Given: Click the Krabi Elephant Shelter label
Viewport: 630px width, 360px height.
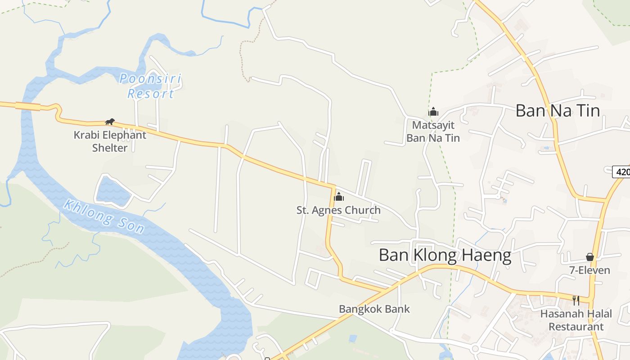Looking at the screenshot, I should [110, 141].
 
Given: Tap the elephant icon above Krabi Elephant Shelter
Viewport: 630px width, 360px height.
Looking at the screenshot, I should [110, 121].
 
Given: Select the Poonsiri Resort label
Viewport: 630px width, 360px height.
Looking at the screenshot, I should [150, 86].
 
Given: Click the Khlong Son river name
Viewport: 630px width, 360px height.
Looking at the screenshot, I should [104, 217].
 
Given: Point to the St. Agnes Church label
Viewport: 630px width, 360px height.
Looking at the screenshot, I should [338, 210].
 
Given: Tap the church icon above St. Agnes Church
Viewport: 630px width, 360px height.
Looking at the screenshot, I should [339, 197].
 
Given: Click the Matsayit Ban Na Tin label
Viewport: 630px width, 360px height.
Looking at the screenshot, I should [433, 131].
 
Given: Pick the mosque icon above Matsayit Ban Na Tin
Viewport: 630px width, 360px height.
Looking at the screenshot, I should [433, 112].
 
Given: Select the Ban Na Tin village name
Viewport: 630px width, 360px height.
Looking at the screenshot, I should [557, 111].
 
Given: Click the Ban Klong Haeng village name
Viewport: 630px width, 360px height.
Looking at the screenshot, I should [445, 256].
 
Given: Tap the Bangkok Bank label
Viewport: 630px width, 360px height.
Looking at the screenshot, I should [374, 309].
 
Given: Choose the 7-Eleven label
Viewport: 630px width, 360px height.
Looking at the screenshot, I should [589, 270].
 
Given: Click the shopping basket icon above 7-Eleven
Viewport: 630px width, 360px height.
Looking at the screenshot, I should [589, 257].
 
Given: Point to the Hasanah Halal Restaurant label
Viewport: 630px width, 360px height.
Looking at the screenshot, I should [576, 320].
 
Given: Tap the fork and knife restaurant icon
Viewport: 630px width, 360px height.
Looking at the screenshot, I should [576, 300].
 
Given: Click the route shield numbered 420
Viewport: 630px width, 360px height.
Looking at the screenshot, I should [622, 172].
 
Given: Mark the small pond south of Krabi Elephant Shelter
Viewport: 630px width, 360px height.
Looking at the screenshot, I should [112, 192].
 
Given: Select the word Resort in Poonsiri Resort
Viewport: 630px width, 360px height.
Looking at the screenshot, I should [150, 94].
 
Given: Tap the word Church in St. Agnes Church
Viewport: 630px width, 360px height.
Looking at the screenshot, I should [362, 210].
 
